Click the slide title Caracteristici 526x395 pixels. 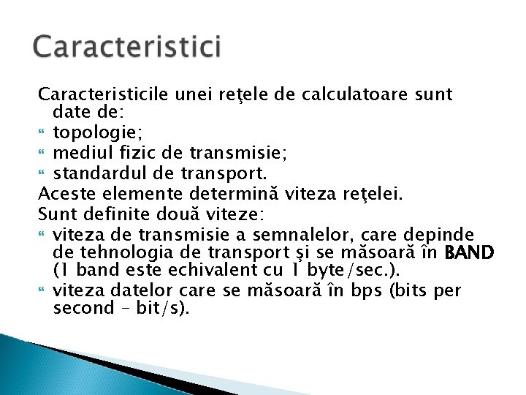[126, 47]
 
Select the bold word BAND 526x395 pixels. [469, 253]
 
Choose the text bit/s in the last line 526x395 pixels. [158, 308]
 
